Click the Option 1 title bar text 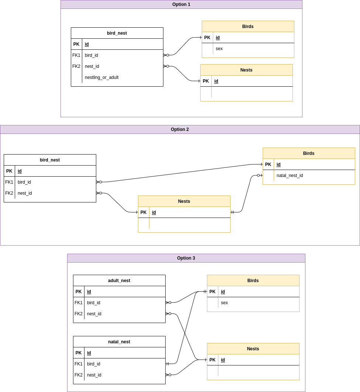[x=181, y=4]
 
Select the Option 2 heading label [x=180, y=129]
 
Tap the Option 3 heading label [x=186, y=258]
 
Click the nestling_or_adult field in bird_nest [x=101, y=77]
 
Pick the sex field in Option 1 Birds [x=219, y=49]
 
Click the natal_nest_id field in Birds [x=290, y=176]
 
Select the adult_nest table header [x=119, y=281]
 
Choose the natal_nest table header [x=119, y=342]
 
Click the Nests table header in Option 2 [x=184, y=201]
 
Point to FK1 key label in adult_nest [x=79, y=303]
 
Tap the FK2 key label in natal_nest [x=79, y=375]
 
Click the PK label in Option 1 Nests [x=206, y=81]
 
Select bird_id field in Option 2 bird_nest [x=24, y=182]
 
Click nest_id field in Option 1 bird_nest [x=92, y=66]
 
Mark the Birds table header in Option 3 [x=253, y=281]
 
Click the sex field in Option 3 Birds [x=224, y=303]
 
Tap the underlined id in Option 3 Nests [x=223, y=360]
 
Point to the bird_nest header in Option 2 [x=50, y=160]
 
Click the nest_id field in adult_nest [x=94, y=314]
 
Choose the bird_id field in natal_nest [x=94, y=364]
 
